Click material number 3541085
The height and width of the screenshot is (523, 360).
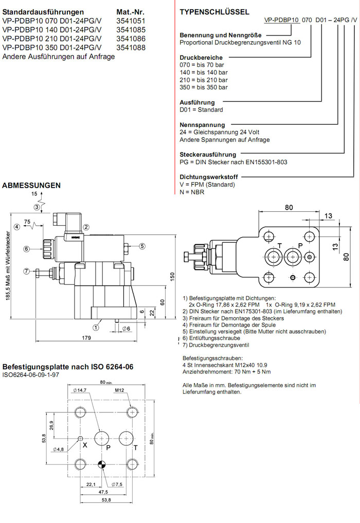pos(131,30)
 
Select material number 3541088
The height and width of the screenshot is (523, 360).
pos(131,47)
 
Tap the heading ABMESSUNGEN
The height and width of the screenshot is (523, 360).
pos(32,185)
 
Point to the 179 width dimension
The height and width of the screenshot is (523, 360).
pos(86,338)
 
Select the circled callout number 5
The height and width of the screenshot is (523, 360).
pos(142,246)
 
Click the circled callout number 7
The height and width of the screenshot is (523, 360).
pos(27,271)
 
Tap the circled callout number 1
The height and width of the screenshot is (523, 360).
pos(96,326)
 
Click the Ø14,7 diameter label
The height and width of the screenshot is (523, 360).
pos(79,391)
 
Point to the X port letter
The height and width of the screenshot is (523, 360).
pos(85,445)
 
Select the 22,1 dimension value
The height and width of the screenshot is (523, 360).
pos(91,484)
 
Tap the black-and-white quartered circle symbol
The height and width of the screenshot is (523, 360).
pos(102,465)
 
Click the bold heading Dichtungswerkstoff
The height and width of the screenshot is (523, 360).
pos(208,176)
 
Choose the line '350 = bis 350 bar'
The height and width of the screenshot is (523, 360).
pos(204,87)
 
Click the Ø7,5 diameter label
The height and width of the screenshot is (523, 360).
pos(117,484)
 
